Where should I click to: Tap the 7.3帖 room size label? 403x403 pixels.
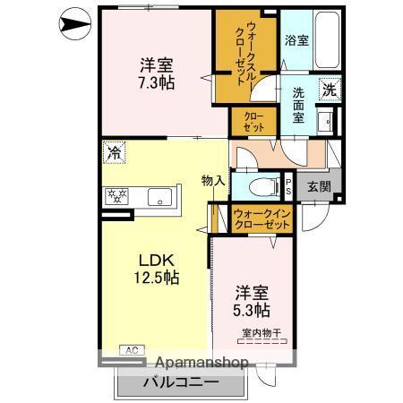(156, 82)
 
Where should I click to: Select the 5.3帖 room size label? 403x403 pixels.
(253, 310)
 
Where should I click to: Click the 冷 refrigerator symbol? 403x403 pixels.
(114, 153)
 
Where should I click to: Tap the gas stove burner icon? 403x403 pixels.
(116, 196)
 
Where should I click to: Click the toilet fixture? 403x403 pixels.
(260, 187)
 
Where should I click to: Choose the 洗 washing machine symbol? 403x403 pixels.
(330, 90)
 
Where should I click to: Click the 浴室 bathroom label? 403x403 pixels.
(296, 40)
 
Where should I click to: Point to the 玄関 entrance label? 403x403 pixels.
(319, 186)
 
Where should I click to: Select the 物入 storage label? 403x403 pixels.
(213, 181)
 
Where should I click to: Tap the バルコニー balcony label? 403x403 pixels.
(180, 382)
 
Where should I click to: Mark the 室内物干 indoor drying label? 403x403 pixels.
(261, 334)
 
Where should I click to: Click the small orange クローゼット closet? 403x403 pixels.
(247, 122)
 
